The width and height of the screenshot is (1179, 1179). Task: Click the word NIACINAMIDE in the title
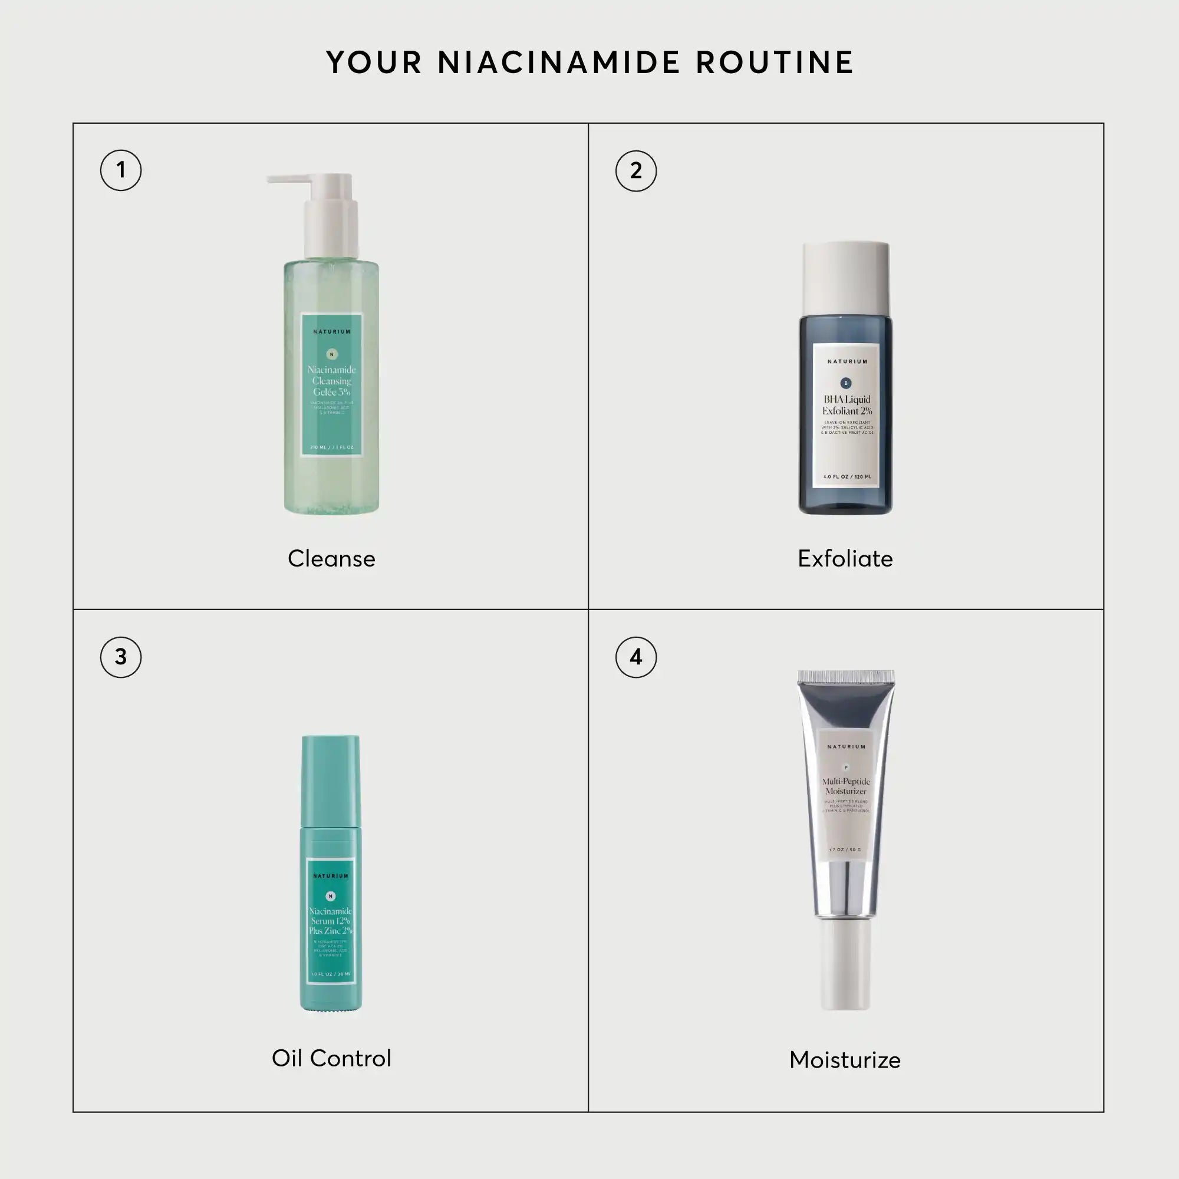(558, 63)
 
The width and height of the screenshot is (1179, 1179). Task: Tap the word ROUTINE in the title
(775, 63)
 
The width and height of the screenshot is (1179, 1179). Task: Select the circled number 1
(121, 170)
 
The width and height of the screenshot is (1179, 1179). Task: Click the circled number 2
(636, 171)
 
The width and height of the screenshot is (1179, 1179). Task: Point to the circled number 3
(121, 657)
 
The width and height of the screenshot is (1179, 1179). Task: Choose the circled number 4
(636, 657)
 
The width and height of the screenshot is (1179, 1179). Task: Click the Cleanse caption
(331, 559)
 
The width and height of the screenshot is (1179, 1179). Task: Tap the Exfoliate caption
(845, 559)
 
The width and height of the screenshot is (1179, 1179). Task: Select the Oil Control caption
(331, 1059)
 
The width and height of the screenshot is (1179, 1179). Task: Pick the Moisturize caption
(845, 1060)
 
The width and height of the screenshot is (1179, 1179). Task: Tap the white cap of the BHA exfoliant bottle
(845, 278)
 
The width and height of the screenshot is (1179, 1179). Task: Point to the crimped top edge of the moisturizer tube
(846, 676)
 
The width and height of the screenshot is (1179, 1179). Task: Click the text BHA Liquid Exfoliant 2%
(847, 405)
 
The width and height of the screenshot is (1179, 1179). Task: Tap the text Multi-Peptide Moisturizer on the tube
(846, 786)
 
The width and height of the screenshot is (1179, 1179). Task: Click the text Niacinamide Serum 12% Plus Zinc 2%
(331, 921)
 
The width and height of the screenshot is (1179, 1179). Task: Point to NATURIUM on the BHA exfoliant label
(847, 362)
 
